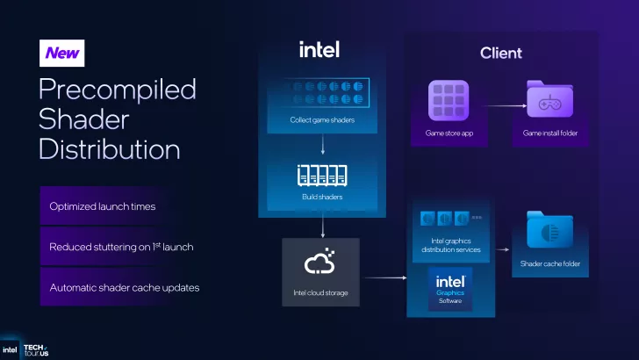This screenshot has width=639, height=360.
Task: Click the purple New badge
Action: (62, 54)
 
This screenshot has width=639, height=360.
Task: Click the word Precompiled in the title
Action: (117, 89)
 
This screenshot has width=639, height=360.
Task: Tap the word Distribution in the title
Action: (110, 148)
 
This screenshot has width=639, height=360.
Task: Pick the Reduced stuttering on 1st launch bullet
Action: (121, 247)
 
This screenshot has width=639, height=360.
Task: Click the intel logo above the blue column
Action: (319, 50)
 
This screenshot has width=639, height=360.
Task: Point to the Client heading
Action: (500, 54)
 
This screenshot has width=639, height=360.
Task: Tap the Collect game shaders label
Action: (322, 119)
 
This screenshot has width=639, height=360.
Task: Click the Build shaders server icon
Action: (322, 176)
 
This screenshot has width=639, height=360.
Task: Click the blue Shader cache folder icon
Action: (549, 231)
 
